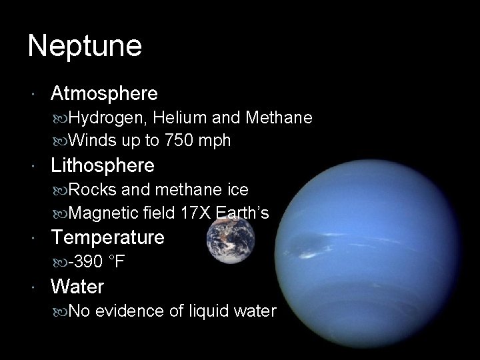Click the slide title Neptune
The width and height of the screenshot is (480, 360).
pyautogui.click(x=85, y=46)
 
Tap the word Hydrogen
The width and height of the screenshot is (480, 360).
pyautogui.click(x=108, y=118)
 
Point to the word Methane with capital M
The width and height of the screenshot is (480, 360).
pyautogui.click(x=279, y=118)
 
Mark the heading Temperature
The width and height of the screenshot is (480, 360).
pyautogui.click(x=108, y=237)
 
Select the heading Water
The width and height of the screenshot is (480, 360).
pyautogui.click(x=77, y=287)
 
